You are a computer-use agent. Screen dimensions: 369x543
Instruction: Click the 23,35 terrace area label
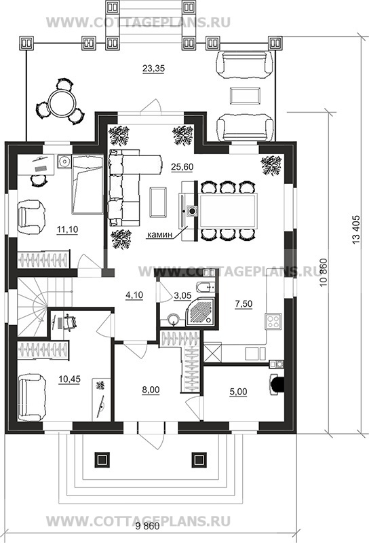(x=153, y=69)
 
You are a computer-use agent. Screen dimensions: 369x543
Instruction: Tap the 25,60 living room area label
(x=182, y=167)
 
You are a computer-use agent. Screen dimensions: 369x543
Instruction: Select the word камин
(x=159, y=235)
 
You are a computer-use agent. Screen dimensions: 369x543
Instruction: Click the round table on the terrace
(x=62, y=103)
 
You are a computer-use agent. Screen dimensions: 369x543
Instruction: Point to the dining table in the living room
(x=227, y=211)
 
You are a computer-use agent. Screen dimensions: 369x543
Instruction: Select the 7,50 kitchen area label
(x=244, y=303)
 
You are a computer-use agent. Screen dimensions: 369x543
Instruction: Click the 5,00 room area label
(x=239, y=392)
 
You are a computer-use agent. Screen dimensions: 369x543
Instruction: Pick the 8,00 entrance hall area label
(x=151, y=390)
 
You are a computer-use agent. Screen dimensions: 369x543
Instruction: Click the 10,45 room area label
(x=69, y=379)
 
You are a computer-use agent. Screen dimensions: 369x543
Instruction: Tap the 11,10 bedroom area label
(x=67, y=229)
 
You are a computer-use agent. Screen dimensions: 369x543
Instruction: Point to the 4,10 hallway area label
(x=134, y=295)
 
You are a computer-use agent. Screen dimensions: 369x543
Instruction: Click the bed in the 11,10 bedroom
(x=88, y=185)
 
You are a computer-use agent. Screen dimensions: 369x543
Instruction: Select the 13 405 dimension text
(x=357, y=231)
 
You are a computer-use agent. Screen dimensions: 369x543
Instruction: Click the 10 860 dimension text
(x=323, y=274)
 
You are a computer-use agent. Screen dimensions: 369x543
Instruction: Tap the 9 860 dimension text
(x=148, y=527)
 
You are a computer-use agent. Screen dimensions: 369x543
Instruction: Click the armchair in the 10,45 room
(x=32, y=397)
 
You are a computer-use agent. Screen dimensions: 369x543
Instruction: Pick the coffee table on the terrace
(x=245, y=96)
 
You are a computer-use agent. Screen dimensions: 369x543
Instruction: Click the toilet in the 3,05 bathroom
(x=206, y=287)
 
